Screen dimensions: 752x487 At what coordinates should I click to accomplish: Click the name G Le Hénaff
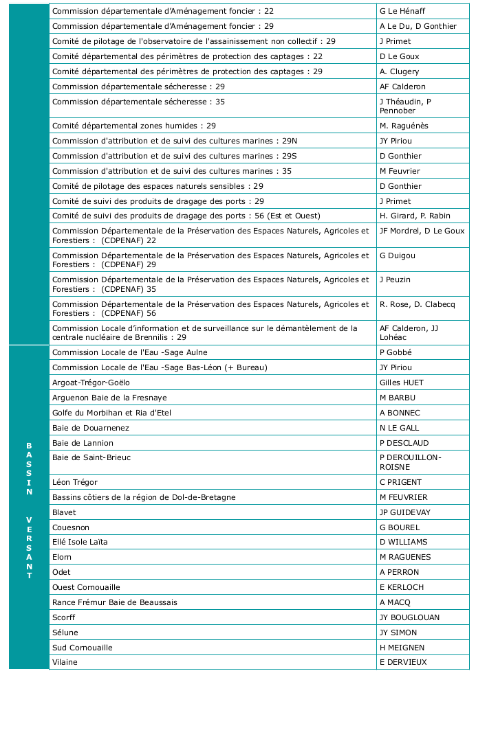[403, 11]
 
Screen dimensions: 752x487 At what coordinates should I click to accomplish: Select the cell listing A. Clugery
[399, 71]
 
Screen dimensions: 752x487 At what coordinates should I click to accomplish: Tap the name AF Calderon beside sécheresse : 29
[402, 87]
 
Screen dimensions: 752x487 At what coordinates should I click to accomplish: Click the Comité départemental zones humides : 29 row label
[134, 126]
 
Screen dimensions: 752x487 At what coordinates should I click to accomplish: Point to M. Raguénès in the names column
[404, 126]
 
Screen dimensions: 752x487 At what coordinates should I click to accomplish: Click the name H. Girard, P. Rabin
[415, 216]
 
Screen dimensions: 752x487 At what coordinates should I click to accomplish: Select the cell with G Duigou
[398, 255]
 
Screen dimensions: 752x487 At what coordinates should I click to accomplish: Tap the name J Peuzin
[395, 280]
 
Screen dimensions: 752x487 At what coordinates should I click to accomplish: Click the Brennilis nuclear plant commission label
[205, 332]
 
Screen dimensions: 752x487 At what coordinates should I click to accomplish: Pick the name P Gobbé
[396, 352]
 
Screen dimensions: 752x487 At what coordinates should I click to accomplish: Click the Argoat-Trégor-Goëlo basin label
[91, 383]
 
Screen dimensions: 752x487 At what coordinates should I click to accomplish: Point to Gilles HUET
[402, 383]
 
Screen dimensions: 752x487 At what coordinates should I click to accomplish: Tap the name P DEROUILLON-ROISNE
[410, 462]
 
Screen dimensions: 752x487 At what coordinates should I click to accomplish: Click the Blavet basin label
[63, 512]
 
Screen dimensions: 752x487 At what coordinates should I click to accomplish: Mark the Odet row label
[61, 572]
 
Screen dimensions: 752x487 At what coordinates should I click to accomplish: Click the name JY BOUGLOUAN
[409, 617]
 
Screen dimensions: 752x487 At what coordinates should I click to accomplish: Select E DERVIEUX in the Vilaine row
[403, 662]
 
